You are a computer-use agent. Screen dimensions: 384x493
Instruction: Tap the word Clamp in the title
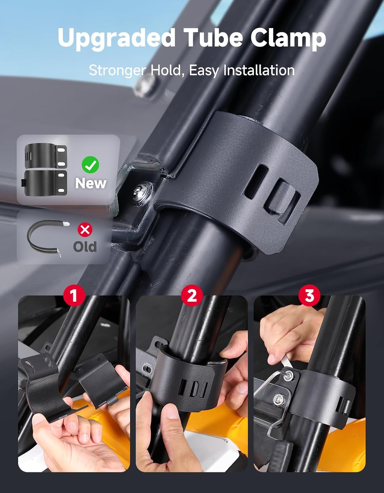pos(288,38)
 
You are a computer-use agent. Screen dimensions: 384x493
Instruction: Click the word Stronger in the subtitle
pos(117,71)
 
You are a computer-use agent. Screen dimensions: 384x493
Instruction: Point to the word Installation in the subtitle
pos(259,70)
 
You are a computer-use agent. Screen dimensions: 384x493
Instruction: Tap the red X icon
pos(85,230)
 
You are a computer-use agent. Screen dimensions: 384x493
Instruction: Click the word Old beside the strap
pos(85,246)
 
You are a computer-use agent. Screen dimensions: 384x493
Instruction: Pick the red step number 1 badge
pos(74,295)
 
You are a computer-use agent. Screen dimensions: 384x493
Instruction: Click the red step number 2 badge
pos(192,295)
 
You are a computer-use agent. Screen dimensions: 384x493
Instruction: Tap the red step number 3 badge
pos(309,295)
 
